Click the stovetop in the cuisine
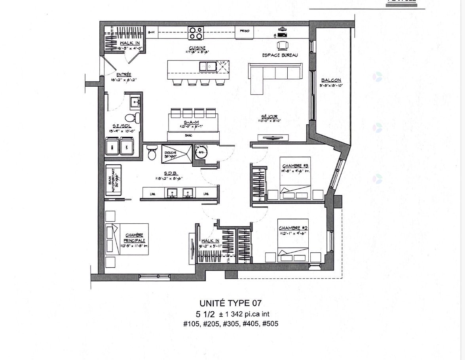[x=195, y=32]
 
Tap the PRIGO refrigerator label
[x=244, y=31]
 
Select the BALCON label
[x=331, y=80]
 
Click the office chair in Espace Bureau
[x=282, y=46]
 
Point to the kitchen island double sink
[x=208, y=66]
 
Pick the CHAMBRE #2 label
[x=293, y=228]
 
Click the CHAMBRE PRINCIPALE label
[x=134, y=238]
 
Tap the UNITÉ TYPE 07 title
[x=230, y=303]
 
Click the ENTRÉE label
[x=123, y=75]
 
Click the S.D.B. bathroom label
[x=173, y=173]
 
